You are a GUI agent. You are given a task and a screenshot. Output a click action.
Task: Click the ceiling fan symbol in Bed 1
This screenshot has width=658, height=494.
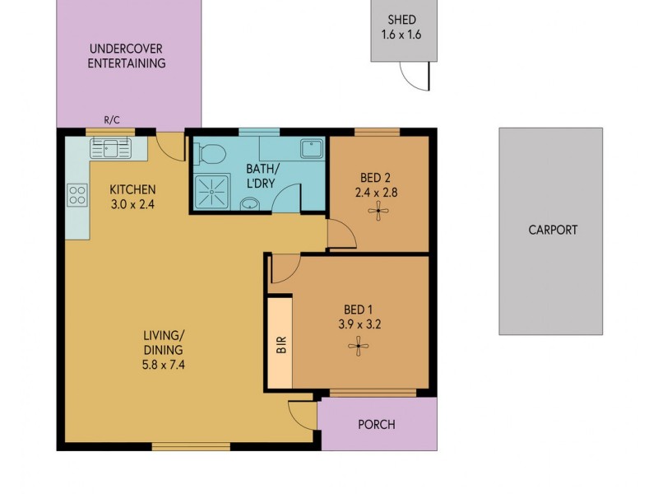(359, 347)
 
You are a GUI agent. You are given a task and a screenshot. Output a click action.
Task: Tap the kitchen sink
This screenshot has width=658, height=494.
(110, 149)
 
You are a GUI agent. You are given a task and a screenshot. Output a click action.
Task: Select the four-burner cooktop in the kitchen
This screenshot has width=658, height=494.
(77, 195)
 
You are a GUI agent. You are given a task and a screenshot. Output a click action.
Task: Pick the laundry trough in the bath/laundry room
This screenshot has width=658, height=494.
(312, 149)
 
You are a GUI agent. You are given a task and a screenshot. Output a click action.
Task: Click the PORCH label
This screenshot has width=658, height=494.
(377, 425)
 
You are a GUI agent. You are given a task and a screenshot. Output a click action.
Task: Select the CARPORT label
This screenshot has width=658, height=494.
(552, 231)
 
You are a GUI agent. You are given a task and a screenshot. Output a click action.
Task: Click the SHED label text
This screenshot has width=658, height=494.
(401, 20)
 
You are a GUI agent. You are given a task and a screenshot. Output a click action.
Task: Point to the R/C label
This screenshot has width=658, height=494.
(112, 120)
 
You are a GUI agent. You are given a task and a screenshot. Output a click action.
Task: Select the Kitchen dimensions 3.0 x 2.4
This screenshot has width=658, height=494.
(132, 205)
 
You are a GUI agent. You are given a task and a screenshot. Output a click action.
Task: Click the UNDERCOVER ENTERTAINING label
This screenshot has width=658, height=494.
(127, 56)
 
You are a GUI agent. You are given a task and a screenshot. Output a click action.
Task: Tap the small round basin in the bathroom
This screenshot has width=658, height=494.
(249, 203)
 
